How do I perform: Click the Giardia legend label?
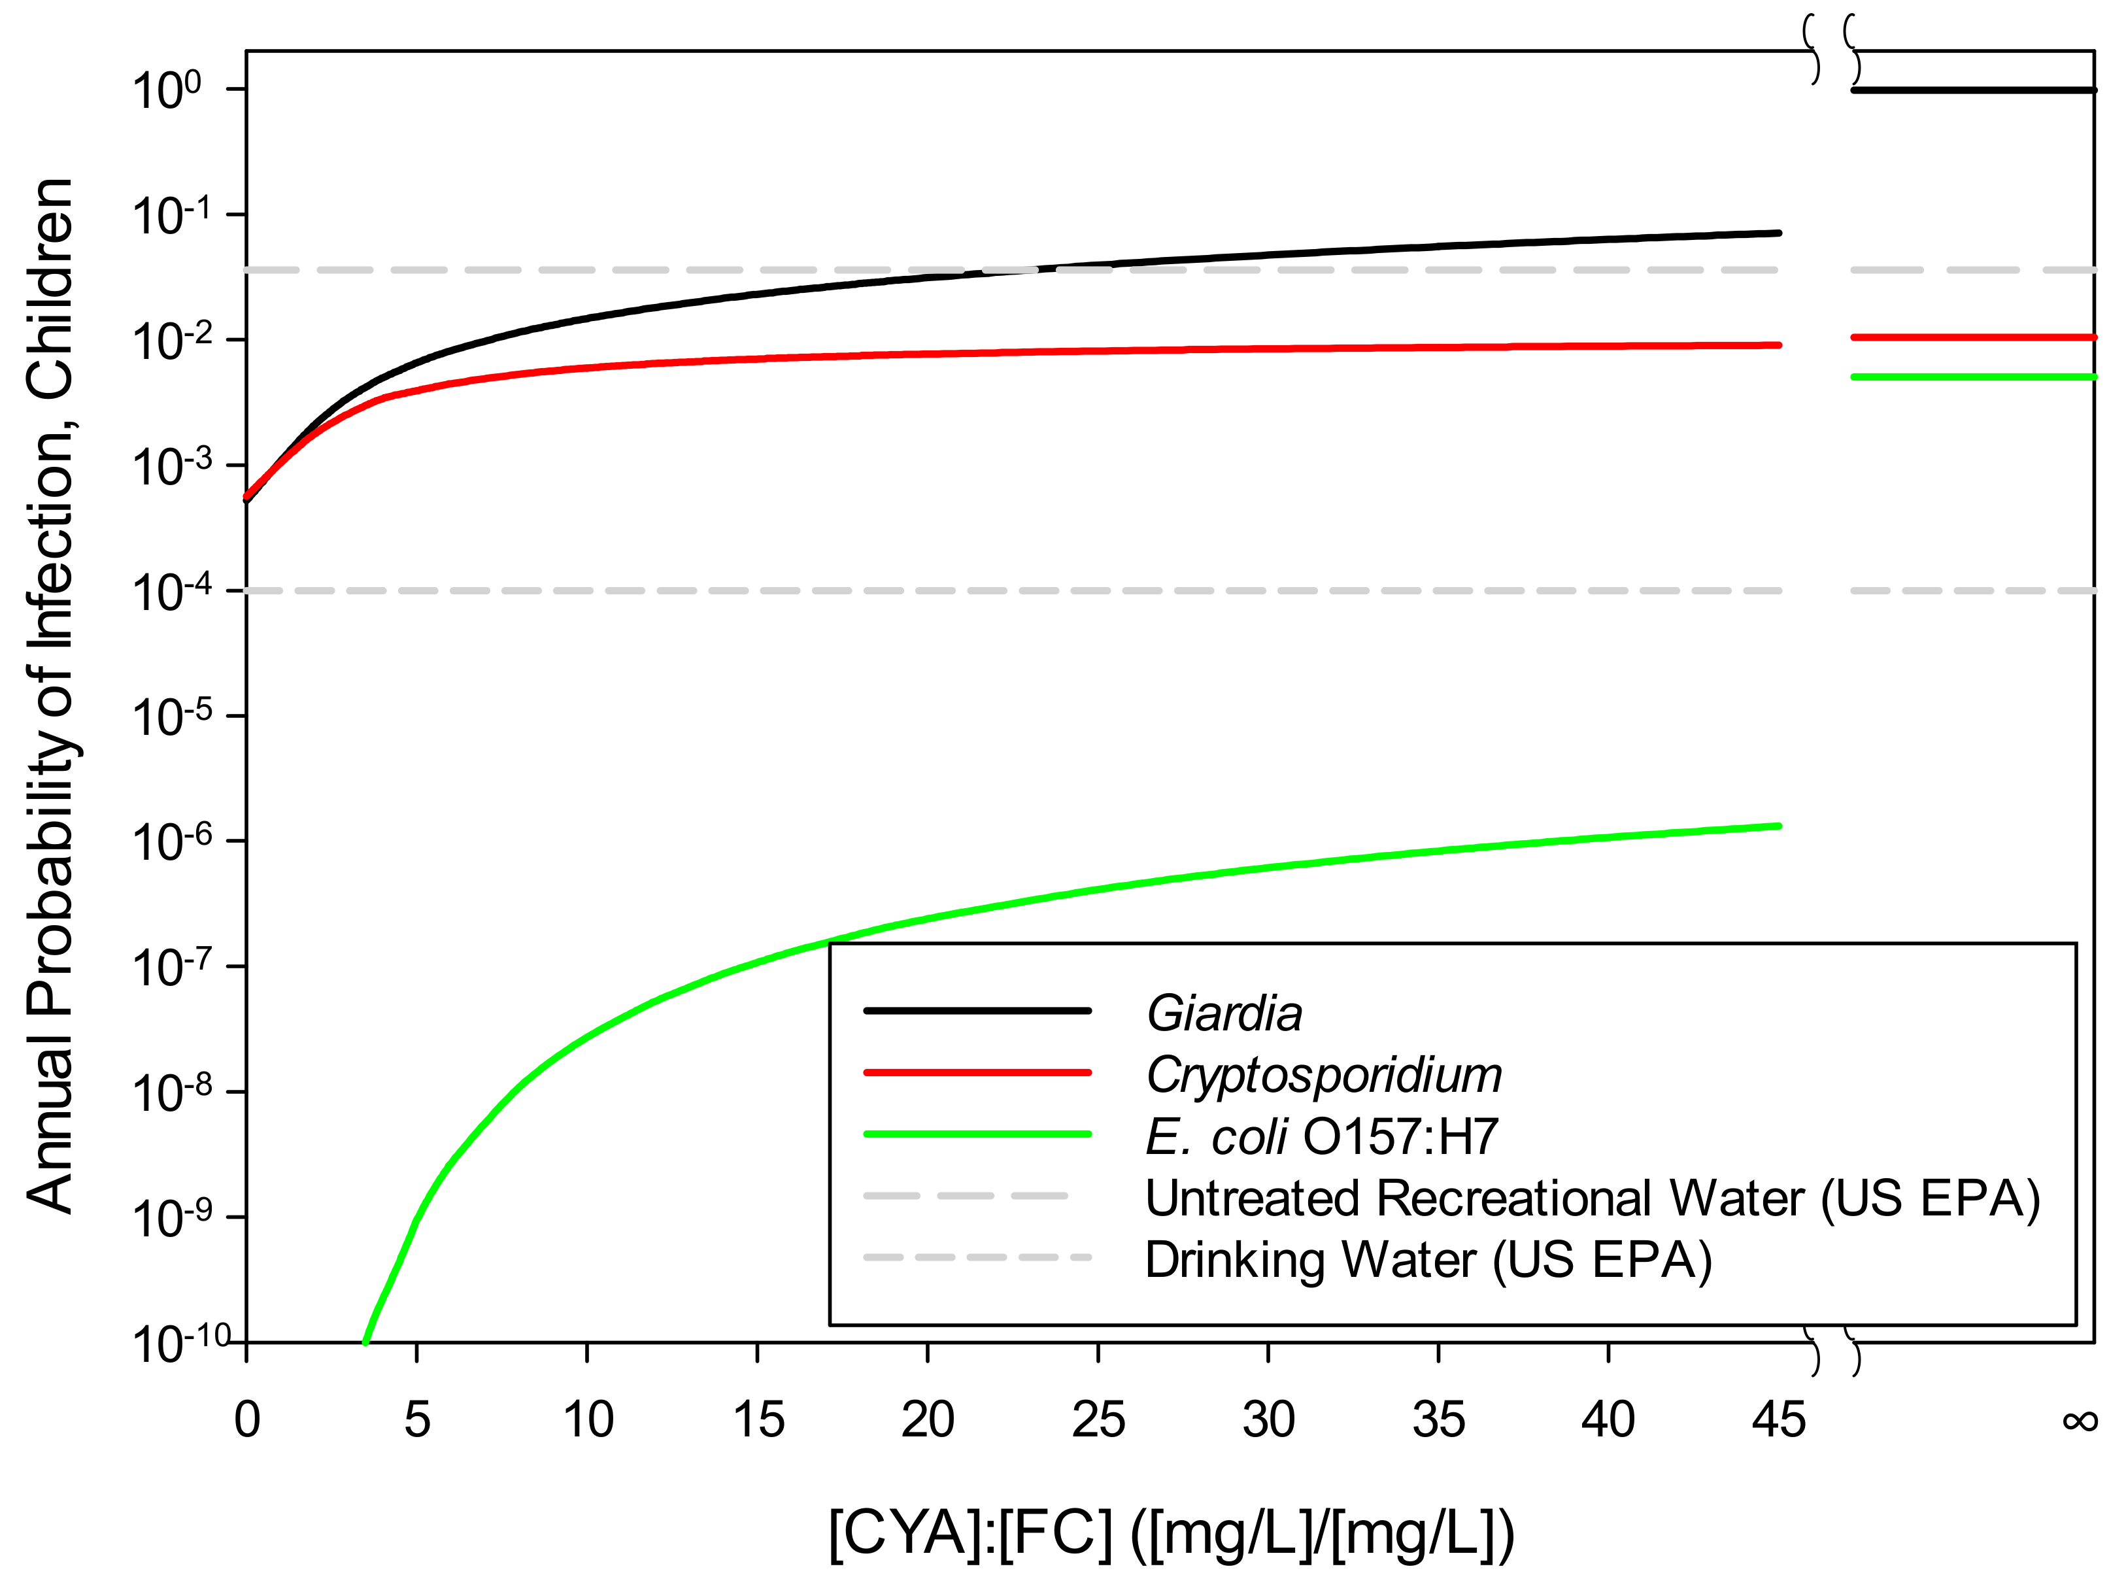(1223, 1013)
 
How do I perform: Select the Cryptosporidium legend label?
(1323, 1075)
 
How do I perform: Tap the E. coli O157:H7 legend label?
(1321, 1137)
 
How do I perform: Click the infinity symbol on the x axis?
(2079, 1421)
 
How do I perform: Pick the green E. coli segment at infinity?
(1972, 377)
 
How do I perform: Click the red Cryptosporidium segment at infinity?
(1972, 337)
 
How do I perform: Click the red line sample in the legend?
(977, 1073)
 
